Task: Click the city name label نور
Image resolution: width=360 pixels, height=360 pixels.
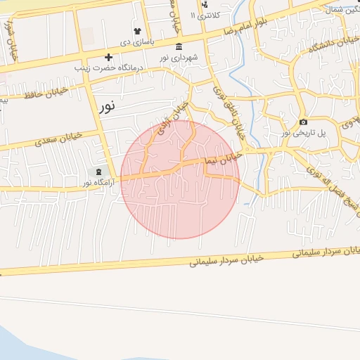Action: [106, 107]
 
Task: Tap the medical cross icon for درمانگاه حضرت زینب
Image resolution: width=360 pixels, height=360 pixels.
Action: [108, 57]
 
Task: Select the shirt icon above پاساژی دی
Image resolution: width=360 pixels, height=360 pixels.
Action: [138, 32]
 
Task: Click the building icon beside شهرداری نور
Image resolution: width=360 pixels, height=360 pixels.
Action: [179, 46]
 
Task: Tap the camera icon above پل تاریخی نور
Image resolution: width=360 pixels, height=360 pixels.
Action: [303, 122]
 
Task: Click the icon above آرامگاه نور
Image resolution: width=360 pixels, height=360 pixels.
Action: [98, 172]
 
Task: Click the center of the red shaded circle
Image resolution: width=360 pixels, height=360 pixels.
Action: [180, 179]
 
